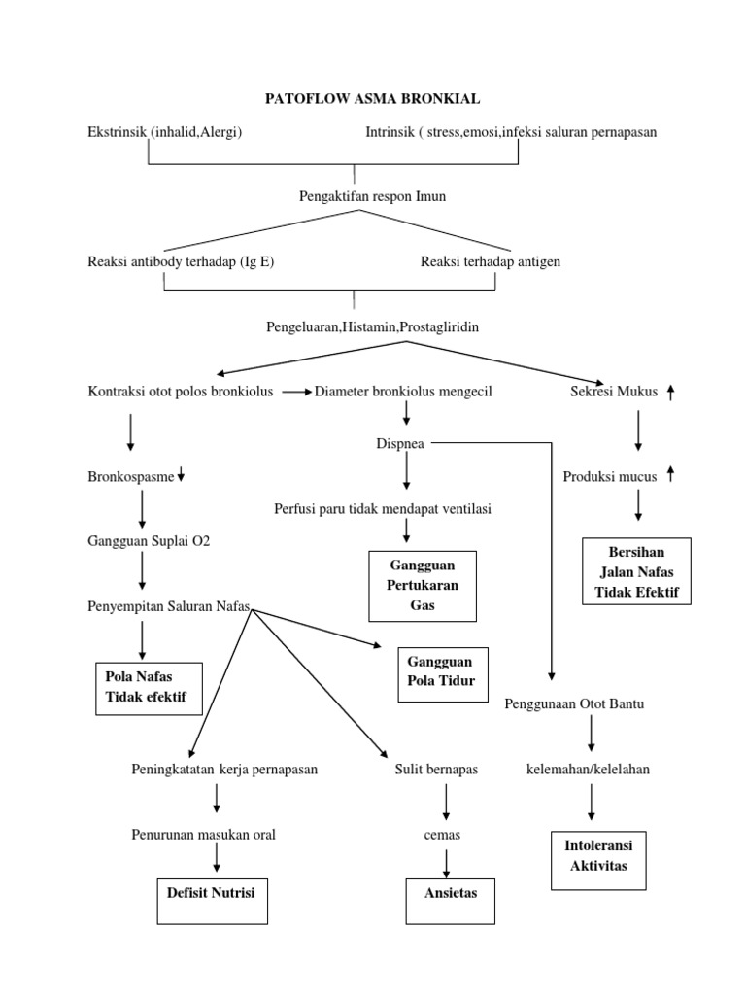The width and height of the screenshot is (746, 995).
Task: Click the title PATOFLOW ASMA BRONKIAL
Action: click(374, 99)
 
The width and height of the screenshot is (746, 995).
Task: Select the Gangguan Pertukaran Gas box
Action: click(423, 584)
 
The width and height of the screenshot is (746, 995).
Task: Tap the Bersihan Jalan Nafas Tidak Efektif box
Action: click(637, 570)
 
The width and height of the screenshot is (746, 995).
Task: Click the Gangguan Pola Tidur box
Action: click(441, 672)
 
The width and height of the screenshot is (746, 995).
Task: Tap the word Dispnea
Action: click(400, 444)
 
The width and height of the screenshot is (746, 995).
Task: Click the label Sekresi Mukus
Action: click(614, 392)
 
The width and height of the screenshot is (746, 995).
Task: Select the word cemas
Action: click(441, 835)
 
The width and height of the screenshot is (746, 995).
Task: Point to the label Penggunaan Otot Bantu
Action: click(574, 703)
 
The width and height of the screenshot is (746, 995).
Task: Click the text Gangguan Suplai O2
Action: click(148, 541)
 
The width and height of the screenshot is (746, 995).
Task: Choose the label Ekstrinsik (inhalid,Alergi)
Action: click(164, 132)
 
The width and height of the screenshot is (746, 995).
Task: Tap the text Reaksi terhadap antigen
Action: click(491, 261)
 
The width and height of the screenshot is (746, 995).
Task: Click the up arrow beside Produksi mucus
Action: click(670, 474)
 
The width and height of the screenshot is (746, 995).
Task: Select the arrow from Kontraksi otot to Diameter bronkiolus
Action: click(297, 392)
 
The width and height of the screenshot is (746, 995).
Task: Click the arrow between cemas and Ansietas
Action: click(447, 861)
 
